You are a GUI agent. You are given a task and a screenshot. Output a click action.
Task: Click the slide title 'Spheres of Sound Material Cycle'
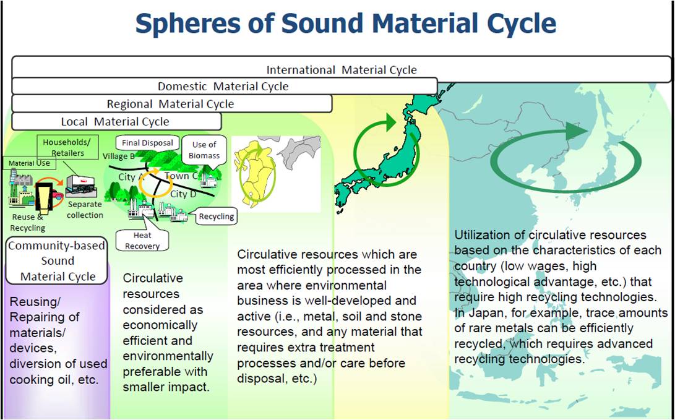(346, 25)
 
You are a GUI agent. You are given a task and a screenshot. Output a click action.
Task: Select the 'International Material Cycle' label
(342, 70)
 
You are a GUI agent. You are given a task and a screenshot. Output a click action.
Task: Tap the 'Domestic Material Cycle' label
(223, 87)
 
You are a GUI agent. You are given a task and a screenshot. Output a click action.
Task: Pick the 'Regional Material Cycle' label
(171, 104)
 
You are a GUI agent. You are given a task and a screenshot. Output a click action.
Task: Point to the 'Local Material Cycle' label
(115, 122)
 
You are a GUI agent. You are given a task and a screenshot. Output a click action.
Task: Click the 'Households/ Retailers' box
(68, 147)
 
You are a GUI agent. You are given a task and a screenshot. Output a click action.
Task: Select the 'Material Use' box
(27, 163)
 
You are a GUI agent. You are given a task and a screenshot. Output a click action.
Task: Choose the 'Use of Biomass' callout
(204, 150)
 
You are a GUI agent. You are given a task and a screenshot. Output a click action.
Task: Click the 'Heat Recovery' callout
(142, 241)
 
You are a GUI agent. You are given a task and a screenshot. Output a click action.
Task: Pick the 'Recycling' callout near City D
(216, 216)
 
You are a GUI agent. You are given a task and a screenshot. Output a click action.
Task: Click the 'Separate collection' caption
(85, 210)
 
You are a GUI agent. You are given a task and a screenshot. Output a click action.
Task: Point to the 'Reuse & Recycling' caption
(28, 223)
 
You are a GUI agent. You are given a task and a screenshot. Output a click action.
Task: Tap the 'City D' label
(183, 194)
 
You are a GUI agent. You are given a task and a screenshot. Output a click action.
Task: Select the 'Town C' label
(182, 176)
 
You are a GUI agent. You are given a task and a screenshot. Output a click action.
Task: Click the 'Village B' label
(118, 156)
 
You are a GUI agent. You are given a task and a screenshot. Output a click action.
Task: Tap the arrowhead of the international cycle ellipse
(576, 131)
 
